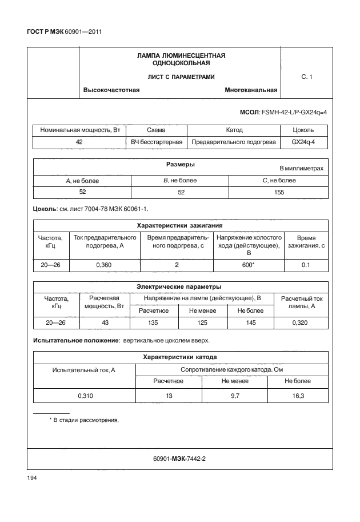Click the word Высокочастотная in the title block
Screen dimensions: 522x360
click(111, 90)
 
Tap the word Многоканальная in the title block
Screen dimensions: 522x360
click(251, 90)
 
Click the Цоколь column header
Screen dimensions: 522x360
click(303, 130)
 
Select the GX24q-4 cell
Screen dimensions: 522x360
click(303, 142)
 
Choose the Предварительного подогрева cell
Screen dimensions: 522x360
click(234, 142)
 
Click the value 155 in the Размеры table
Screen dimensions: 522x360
click(278, 192)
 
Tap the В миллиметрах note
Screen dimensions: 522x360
click(301, 169)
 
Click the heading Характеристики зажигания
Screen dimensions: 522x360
click(180, 225)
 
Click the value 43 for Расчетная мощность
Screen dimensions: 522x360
click(105, 323)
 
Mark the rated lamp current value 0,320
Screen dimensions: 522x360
click(303, 323)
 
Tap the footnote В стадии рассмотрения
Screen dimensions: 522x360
click(86, 420)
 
